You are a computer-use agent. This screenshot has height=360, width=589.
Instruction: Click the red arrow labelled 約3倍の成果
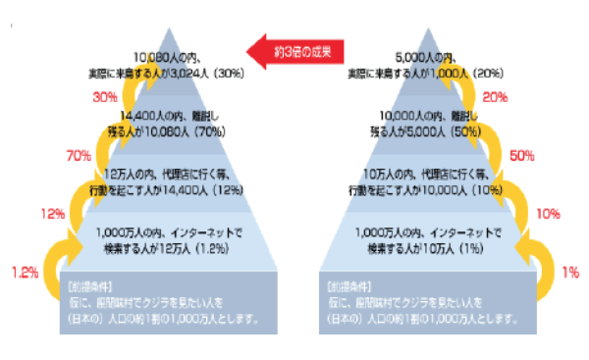pyautogui.click(x=295, y=48)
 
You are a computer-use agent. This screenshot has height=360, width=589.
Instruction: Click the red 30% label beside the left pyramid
pyautogui.click(x=105, y=97)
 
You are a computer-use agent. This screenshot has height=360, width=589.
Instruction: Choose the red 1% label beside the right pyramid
pyautogui.click(x=570, y=272)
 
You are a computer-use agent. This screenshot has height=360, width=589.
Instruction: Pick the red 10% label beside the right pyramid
pyautogui.click(x=549, y=213)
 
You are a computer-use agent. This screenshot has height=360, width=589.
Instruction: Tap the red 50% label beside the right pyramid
pyautogui.click(x=522, y=155)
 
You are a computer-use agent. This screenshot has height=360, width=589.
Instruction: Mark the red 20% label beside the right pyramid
pyautogui.click(x=495, y=97)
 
